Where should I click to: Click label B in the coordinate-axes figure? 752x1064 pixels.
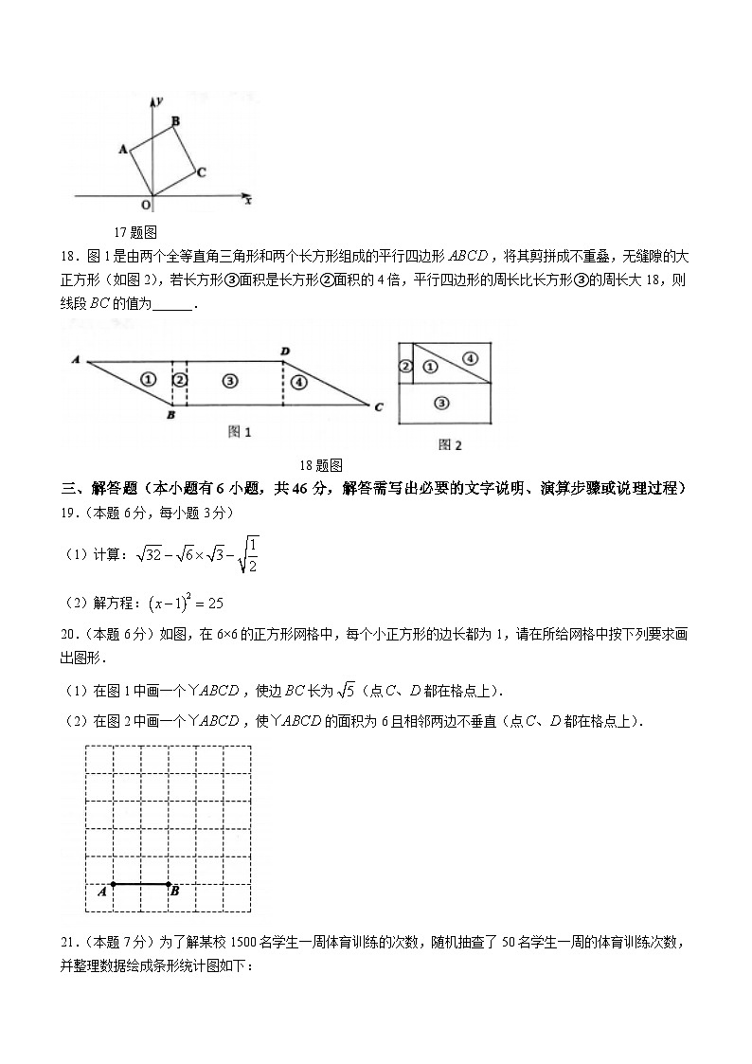pyautogui.click(x=175, y=120)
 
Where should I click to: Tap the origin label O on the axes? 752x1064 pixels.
pyautogui.click(x=145, y=204)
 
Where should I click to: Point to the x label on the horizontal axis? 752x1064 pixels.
pyautogui.click(x=248, y=201)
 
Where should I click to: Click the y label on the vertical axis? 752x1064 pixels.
pyautogui.click(x=162, y=99)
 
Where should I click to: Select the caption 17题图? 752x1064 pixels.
pyautogui.click(x=135, y=232)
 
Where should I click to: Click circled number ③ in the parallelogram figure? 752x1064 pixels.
pyautogui.click(x=229, y=380)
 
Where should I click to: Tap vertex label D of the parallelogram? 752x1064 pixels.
pyautogui.click(x=284, y=352)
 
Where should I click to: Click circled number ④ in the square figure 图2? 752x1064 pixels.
pyautogui.click(x=471, y=357)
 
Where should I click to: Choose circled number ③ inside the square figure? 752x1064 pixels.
pyautogui.click(x=439, y=403)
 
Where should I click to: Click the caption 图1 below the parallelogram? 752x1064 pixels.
pyautogui.click(x=241, y=432)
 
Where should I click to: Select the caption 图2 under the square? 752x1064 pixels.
pyautogui.click(x=450, y=443)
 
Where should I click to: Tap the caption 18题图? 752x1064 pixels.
pyautogui.click(x=320, y=464)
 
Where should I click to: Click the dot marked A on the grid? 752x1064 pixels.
pyautogui.click(x=113, y=885)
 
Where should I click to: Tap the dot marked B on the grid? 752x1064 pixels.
pyautogui.click(x=169, y=885)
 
